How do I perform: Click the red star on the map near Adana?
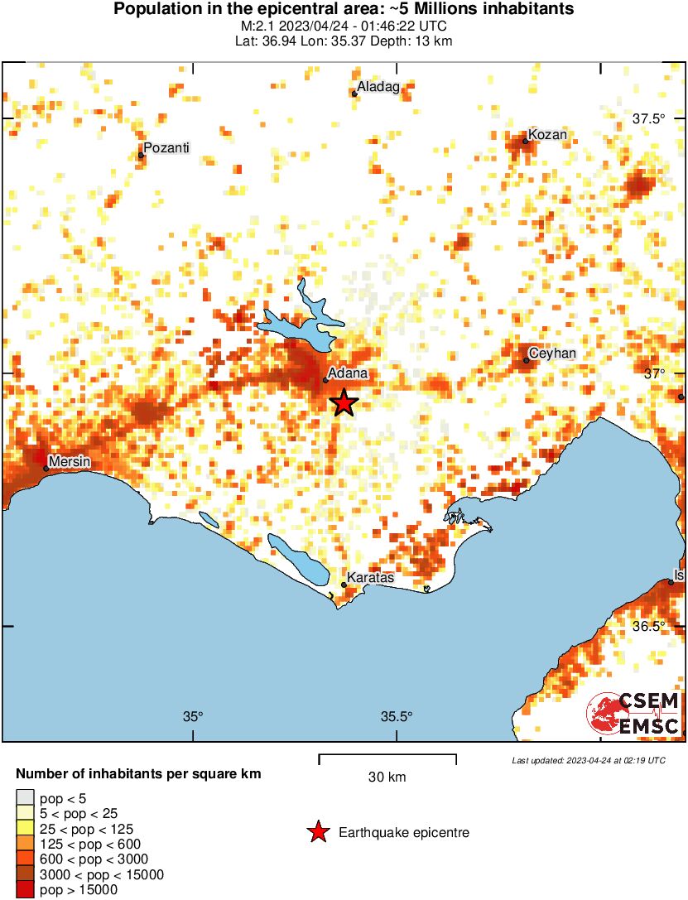click(x=344, y=403)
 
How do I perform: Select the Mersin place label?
click(x=70, y=461)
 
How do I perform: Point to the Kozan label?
click(x=548, y=135)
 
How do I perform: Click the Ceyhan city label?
click(x=551, y=354)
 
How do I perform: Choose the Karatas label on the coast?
click(x=370, y=577)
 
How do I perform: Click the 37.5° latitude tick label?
click(x=649, y=118)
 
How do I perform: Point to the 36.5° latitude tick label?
click(x=649, y=626)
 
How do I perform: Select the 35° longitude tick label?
click(x=193, y=717)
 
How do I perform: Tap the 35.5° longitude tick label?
click(x=397, y=717)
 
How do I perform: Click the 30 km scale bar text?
click(x=387, y=777)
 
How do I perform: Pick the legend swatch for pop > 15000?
click(x=26, y=889)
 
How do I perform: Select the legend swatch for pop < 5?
click(x=26, y=799)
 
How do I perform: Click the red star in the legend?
click(x=317, y=832)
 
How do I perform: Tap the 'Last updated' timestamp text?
click(x=588, y=760)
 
